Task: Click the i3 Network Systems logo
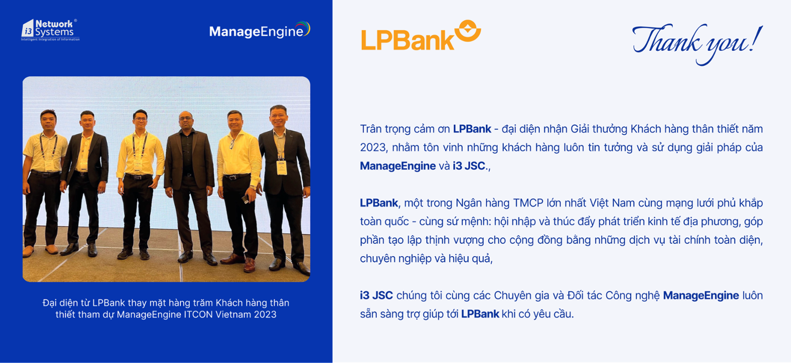point(50,30)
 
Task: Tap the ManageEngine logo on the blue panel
point(260,30)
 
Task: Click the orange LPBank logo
point(421,35)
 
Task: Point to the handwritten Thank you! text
point(697,44)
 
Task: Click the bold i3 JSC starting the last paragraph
point(376,295)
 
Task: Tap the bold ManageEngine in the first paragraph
point(397,166)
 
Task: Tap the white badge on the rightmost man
point(281,168)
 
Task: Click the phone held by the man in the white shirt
point(245,199)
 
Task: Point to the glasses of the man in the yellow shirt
point(140,119)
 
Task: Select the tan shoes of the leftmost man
point(40,250)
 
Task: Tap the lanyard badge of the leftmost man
point(49,165)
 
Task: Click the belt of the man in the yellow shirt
point(138,176)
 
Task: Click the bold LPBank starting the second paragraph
point(379,203)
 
